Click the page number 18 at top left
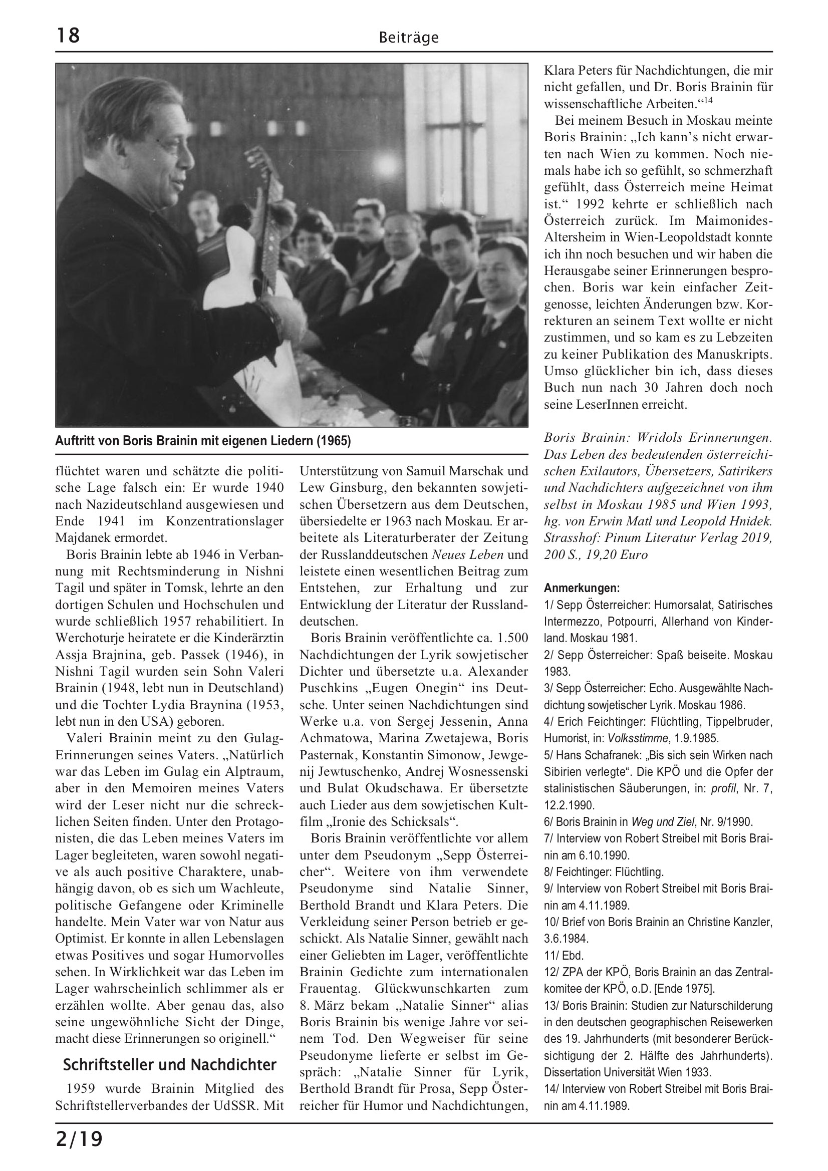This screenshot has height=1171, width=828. pos(68,36)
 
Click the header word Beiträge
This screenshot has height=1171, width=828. pos(409,38)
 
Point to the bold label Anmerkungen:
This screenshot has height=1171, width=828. pos(582,588)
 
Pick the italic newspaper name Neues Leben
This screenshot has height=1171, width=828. pos(467,554)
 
